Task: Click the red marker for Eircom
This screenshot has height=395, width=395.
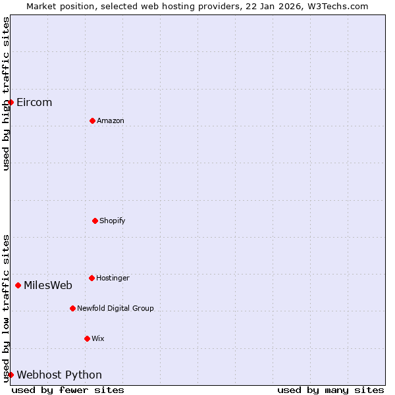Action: (11, 102)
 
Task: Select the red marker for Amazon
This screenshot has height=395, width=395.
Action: (92, 120)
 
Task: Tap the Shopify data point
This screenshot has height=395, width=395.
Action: (95, 221)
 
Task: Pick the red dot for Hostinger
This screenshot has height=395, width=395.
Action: (92, 278)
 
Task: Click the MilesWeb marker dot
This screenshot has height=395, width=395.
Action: (18, 285)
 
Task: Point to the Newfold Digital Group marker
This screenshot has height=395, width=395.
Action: (72, 308)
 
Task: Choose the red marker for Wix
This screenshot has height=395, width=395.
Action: (87, 338)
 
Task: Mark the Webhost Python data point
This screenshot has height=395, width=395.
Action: (11, 375)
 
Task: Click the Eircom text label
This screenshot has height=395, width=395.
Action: (34, 103)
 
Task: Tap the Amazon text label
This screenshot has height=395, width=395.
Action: (111, 121)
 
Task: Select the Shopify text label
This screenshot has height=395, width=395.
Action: (113, 221)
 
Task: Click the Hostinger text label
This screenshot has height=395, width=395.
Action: (113, 278)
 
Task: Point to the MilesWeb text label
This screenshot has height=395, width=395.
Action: (48, 286)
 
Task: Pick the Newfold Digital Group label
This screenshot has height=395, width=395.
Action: (115, 309)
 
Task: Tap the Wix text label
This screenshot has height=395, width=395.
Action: (98, 339)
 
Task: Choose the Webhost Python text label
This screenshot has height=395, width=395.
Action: (59, 375)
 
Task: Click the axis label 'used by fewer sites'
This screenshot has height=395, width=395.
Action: (68, 390)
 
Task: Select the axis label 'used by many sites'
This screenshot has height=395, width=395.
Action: (330, 390)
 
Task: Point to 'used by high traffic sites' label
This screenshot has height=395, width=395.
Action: (7, 93)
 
